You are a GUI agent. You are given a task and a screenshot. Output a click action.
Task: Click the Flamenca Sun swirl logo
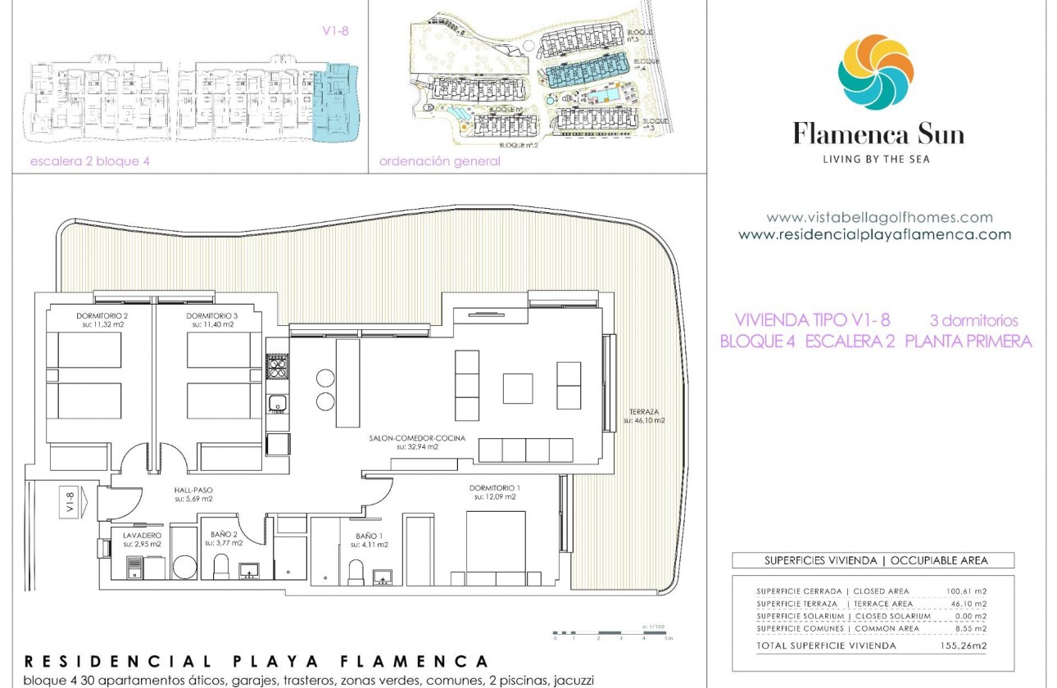(875, 72)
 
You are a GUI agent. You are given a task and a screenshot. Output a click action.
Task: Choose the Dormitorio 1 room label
(494, 491)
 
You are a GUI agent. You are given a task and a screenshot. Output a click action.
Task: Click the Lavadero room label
(143, 539)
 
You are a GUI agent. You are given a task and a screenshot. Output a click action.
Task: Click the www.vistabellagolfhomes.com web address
(879, 218)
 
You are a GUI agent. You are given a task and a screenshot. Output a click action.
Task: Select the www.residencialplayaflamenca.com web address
(874, 234)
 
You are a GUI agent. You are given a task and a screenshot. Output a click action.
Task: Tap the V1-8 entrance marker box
(70, 500)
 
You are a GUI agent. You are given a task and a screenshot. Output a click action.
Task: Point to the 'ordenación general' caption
(439, 161)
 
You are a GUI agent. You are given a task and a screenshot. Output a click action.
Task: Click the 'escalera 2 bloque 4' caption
(89, 161)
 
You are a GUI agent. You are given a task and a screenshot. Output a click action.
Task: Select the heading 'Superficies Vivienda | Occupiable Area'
(875, 561)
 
